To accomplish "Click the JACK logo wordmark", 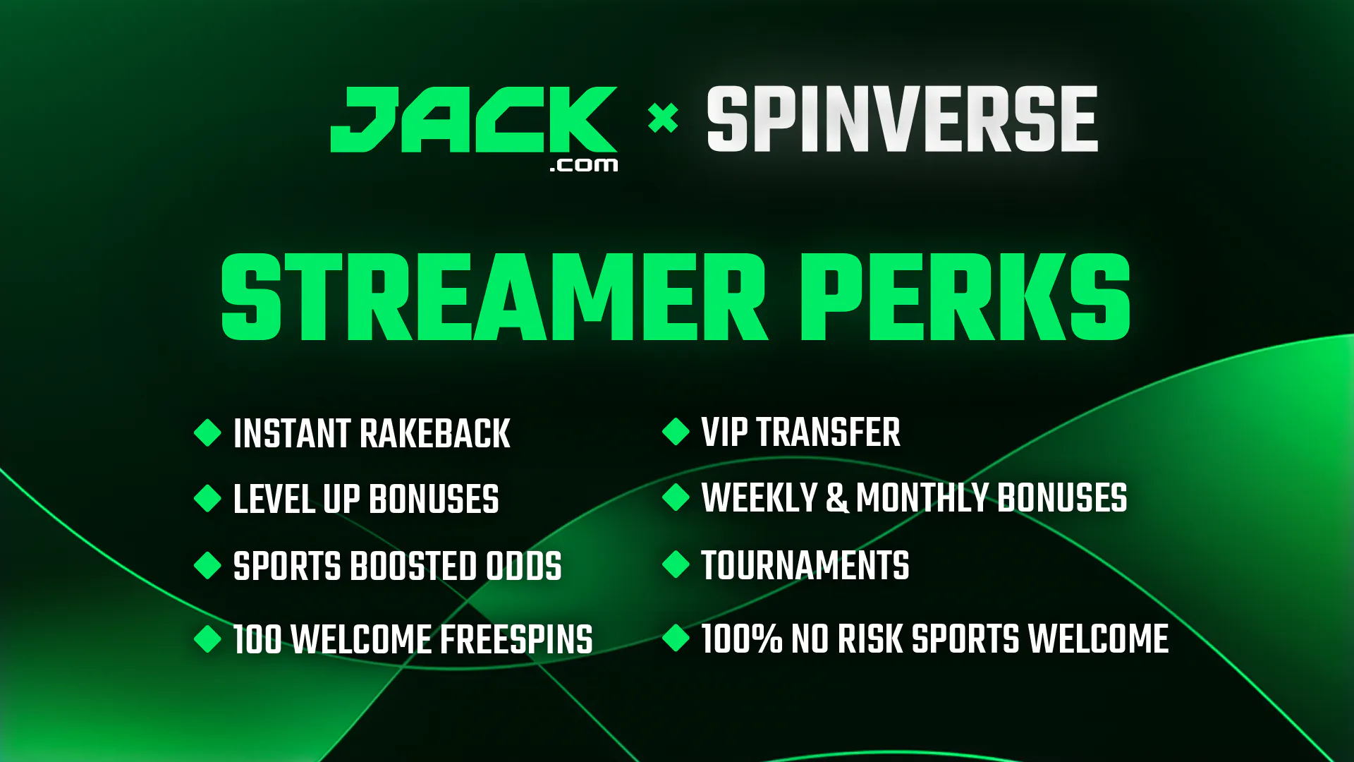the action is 474,119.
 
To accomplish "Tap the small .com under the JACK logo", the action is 584,165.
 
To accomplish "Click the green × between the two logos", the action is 663,118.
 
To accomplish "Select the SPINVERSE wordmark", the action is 903,119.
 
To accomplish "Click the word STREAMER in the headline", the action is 494,297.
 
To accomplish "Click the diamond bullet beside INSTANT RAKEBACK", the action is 208,433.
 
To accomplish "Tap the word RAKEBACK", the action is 435,433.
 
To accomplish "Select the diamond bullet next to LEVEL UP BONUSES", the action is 208,498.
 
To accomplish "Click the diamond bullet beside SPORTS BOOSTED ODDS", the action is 208,565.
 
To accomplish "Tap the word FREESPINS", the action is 517,639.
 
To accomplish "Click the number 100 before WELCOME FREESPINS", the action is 257,639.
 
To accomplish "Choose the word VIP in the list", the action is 724,432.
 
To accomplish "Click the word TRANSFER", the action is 829,432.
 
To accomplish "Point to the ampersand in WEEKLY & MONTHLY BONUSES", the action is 837,497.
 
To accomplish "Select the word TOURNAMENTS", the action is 805,565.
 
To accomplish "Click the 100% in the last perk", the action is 742,639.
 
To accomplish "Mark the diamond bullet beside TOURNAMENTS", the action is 676,564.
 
